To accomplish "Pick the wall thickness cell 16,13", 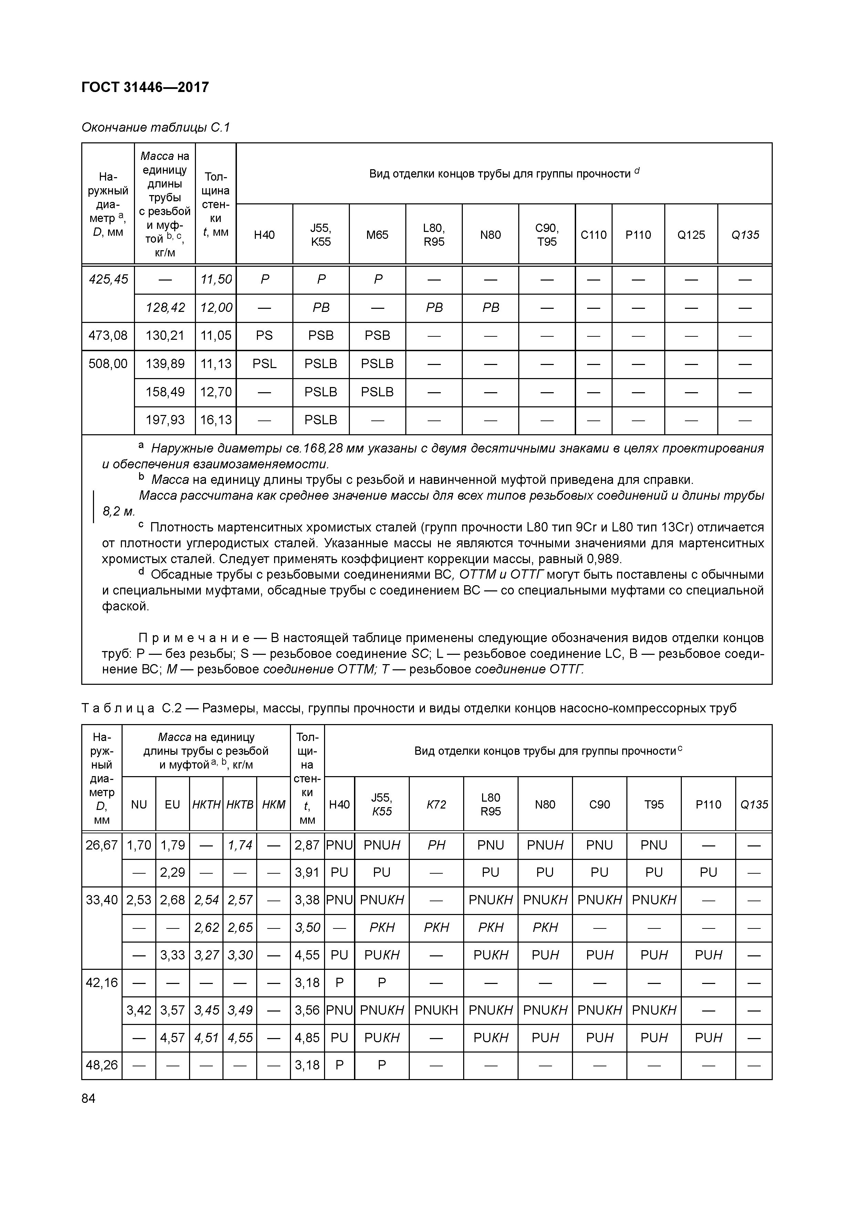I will tap(216, 420).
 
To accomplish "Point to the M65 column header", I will tap(377, 235).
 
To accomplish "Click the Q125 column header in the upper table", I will tap(691, 235).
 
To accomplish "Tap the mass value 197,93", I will tap(165, 420).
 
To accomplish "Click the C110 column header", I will tap(594, 235).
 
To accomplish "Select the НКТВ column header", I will tap(240, 805).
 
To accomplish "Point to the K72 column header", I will tap(436, 805).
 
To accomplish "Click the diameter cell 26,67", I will tap(102, 845).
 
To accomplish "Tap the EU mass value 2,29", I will tap(173, 873).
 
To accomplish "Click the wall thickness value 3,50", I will tap(307, 928).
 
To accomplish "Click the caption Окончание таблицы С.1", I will tap(156, 128).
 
